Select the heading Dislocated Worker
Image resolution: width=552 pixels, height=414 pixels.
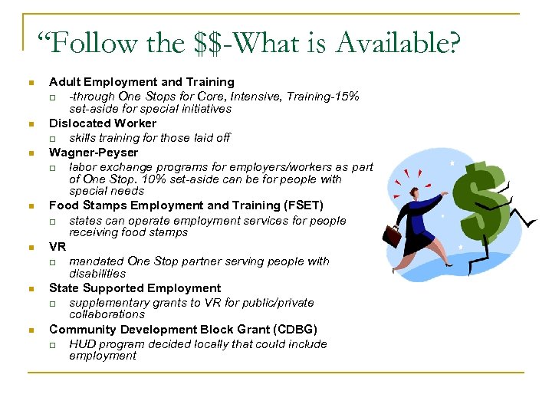coord(103,123)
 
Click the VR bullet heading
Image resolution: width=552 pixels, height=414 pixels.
coord(58,247)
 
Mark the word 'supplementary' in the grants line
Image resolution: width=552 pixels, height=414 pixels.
coord(107,302)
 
